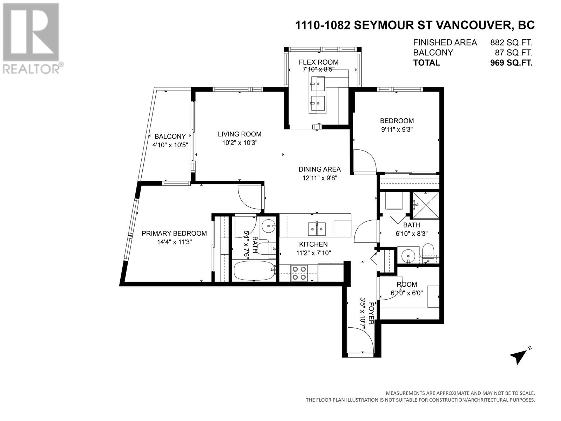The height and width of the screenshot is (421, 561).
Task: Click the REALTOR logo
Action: (32, 38)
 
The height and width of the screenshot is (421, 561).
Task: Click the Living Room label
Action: (239, 134)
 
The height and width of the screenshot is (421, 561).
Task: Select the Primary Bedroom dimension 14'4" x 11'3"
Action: (174, 242)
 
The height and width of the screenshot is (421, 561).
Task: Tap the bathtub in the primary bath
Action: (254, 271)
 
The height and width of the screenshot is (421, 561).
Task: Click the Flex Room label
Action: (318, 62)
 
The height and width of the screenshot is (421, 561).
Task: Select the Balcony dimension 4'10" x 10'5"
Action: (170, 145)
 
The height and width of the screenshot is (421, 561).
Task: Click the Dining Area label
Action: (319, 169)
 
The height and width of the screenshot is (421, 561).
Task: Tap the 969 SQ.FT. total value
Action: (511, 63)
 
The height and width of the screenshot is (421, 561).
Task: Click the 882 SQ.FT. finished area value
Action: (511, 42)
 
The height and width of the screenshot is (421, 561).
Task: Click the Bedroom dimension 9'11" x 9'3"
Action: (397, 129)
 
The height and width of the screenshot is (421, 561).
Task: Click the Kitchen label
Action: (313, 245)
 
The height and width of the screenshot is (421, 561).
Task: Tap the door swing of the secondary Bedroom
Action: (365, 161)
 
